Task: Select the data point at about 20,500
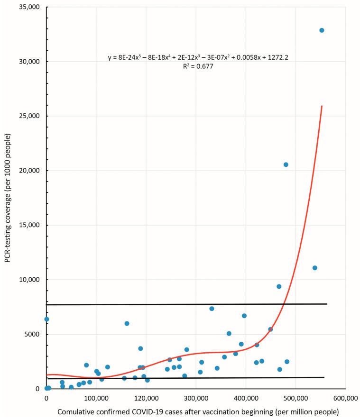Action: tap(286, 164)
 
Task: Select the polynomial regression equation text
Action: tap(198, 58)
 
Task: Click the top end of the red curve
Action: tap(322, 106)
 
